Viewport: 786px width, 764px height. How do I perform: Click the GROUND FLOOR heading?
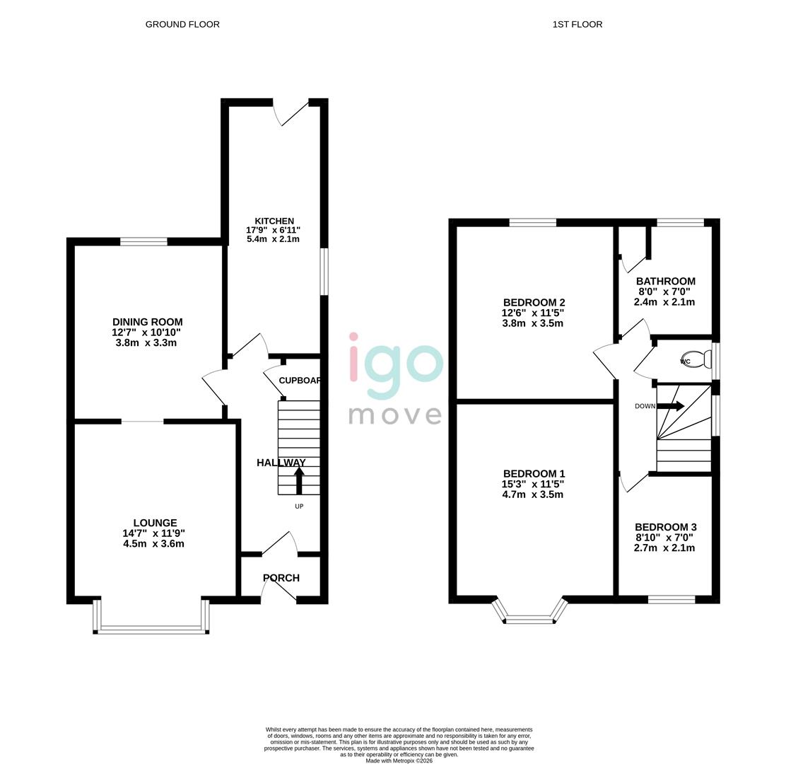point(182,24)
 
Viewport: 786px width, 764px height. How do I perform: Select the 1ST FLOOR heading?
point(577,24)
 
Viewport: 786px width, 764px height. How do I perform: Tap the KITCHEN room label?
point(274,221)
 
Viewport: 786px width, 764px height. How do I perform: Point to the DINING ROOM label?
point(147,322)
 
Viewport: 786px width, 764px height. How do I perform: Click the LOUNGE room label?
point(155,523)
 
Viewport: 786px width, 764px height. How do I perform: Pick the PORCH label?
point(281,578)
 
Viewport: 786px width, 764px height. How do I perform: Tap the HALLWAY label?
point(281,463)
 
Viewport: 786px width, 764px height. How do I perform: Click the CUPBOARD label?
point(300,381)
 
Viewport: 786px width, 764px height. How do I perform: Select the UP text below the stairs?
point(299,507)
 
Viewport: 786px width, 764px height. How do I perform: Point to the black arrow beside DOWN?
point(670,406)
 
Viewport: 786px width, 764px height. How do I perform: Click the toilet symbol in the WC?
point(696,360)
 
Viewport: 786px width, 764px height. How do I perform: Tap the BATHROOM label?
point(665,281)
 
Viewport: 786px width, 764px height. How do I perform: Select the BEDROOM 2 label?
point(534,303)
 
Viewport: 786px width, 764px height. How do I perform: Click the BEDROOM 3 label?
point(665,527)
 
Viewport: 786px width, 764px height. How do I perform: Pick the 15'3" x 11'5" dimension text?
point(533,485)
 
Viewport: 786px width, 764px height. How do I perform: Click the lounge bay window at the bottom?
point(151,628)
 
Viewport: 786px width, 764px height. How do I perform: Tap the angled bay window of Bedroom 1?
point(530,620)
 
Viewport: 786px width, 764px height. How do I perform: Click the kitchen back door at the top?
point(291,112)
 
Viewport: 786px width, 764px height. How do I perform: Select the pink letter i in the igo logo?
point(354,362)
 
